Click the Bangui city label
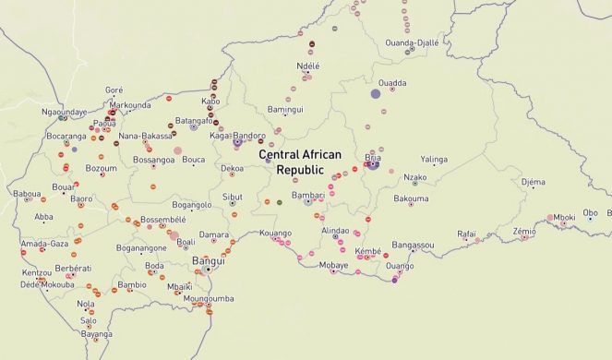[207, 261]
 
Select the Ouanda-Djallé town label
[412, 42]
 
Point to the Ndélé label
[307, 66]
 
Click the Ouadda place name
[392, 83]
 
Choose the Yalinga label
[433, 159]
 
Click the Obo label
[590, 212]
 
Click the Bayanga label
[96, 333]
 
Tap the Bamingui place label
[284, 110]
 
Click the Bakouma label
[411, 198]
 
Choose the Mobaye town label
[333, 265]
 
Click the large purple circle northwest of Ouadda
[376, 93]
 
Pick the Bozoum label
[101, 168]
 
